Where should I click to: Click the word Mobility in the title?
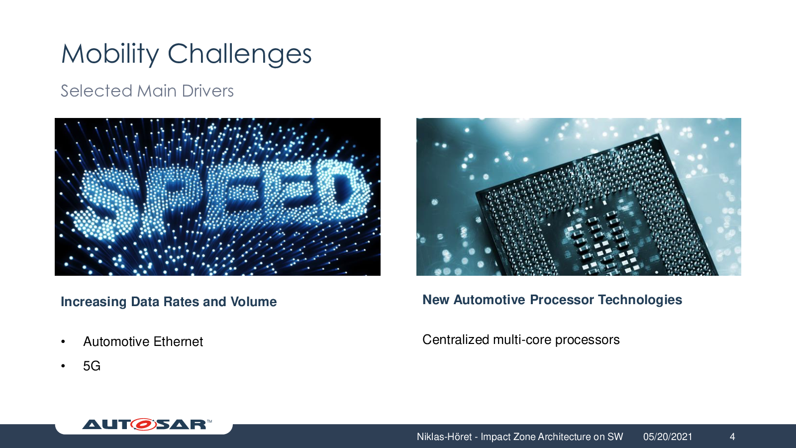click(x=110, y=54)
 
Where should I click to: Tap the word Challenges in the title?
click(x=239, y=54)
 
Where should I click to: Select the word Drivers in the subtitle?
click(x=207, y=91)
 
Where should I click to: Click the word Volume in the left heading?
click(x=253, y=302)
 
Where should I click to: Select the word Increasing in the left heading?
click(x=94, y=302)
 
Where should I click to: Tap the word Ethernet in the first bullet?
click(x=178, y=341)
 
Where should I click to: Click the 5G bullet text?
click(x=92, y=366)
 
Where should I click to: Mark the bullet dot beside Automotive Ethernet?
click(x=63, y=341)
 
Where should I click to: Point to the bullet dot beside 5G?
click(x=63, y=366)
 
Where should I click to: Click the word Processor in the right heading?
click(x=562, y=300)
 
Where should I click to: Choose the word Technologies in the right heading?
click(x=640, y=300)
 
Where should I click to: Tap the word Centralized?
click(x=456, y=339)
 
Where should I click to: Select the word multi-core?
click(x=522, y=340)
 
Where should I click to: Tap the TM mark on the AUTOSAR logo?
click(x=209, y=421)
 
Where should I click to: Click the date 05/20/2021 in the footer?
click(x=668, y=437)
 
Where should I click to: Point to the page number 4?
click(x=732, y=437)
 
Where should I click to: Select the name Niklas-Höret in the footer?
click(x=444, y=437)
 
